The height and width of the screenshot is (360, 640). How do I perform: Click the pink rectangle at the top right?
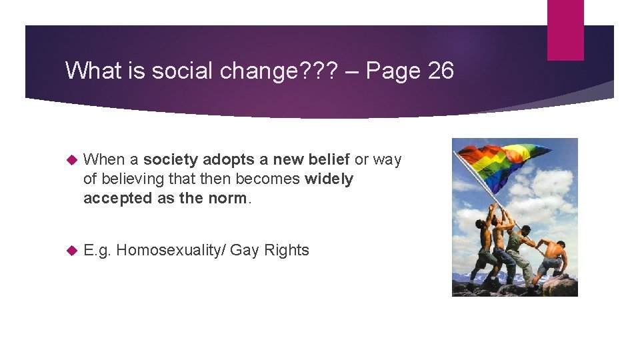pyautogui.click(x=565, y=30)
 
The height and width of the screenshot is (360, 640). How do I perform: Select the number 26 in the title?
pyautogui.click(x=441, y=71)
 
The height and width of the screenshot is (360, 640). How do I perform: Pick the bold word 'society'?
pyautogui.click(x=171, y=159)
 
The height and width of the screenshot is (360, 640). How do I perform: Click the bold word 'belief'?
pyautogui.click(x=327, y=159)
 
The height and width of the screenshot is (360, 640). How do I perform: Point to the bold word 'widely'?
pyautogui.click(x=329, y=179)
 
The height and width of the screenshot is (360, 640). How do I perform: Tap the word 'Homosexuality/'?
pyautogui.click(x=170, y=250)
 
